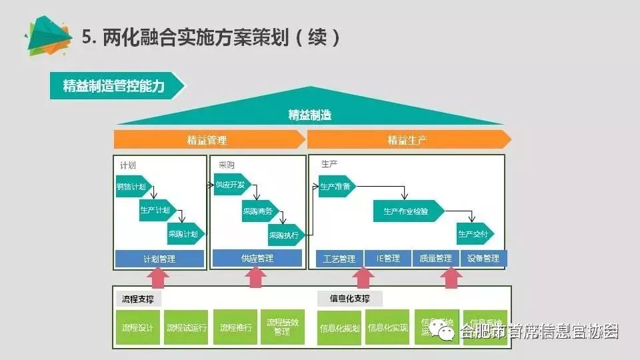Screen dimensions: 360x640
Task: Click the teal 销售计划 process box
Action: pos(131,187)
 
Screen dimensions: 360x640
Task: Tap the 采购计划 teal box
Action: pos(185,234)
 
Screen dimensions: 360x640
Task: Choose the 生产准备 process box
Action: pos(334,187)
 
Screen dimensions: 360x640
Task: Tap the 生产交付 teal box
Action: pos(474,235)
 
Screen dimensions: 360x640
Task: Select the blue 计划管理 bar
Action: pos(159,259)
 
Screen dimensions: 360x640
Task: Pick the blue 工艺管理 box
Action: pos(339,259)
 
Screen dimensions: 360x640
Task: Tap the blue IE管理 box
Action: pos(388,259)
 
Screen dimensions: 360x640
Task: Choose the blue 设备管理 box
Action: pos(483,259)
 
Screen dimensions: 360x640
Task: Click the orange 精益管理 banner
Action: pos(208,140)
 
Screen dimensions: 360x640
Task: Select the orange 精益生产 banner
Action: pos(408,140)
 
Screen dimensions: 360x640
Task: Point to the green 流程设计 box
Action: pos(138,327)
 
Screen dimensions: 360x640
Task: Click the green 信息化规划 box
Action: pos(339,328)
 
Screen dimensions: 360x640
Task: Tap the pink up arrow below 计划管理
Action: pos(159,277)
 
